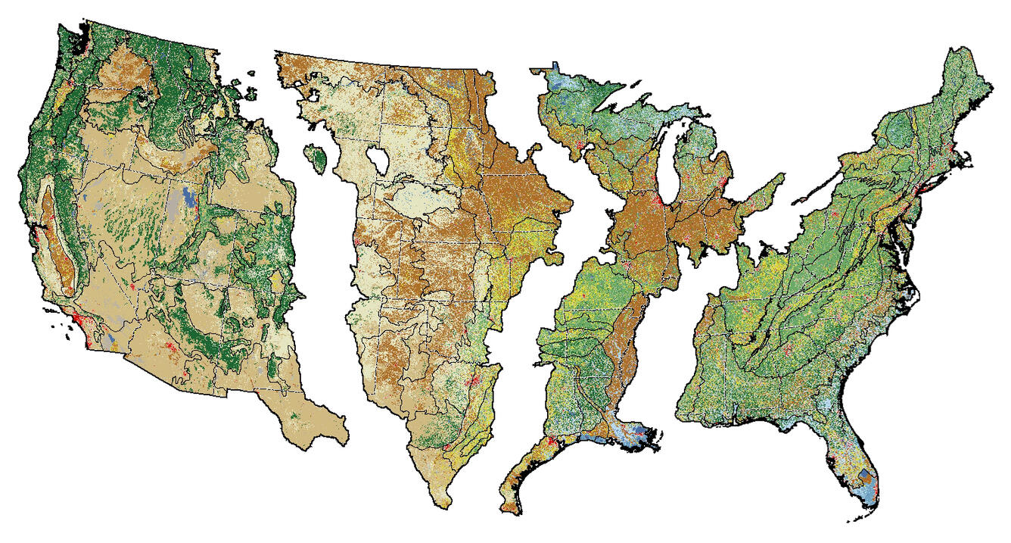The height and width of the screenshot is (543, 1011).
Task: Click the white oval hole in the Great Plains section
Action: point(377,161)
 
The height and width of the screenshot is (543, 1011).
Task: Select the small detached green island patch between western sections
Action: point(317,158)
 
